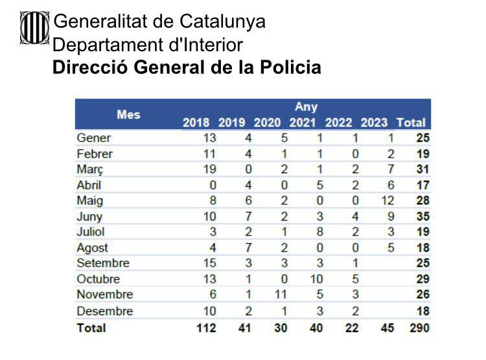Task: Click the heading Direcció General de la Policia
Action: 187,67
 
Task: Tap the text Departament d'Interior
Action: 148,45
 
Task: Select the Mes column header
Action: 128,114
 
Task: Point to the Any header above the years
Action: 306,106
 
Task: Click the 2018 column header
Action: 196,122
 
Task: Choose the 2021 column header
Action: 303,122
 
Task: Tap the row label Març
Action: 89,169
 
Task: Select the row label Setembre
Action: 103,263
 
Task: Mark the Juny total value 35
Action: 422,217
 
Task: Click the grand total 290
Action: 419,328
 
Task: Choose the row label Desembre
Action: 104,311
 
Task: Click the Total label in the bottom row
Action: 91,328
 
